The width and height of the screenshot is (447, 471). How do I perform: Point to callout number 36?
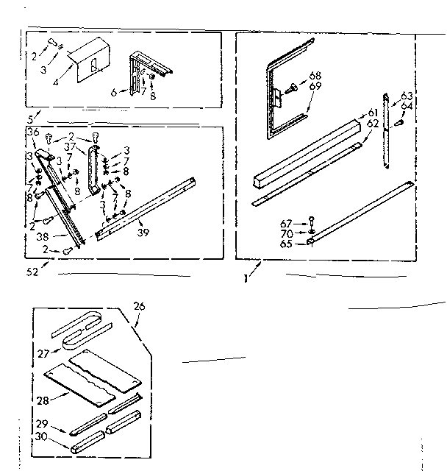pyautogui.click(x=32, y=132)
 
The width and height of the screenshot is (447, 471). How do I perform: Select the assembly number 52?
pyautogui.click(x=32, y=272)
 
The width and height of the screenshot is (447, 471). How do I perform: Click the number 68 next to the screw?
pyautogui.click(x=315, y=75)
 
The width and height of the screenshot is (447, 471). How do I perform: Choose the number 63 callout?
pyautogui.click(x=406, y=96)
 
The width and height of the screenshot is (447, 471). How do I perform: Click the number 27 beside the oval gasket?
pyautogui.click(x=44, y=353)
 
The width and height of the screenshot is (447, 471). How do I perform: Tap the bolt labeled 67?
pyautogui.click(x=312, y=221)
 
